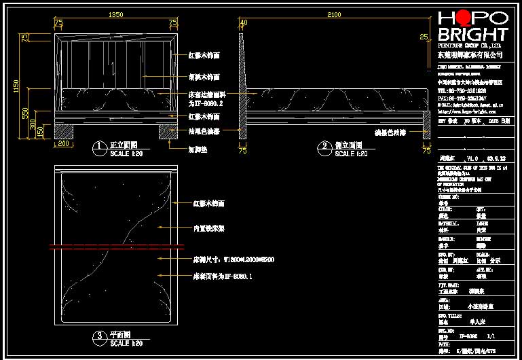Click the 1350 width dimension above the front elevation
click(116, 14)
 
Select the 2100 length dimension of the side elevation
click(334, 14)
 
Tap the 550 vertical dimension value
click(25, 113)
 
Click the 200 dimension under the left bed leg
click(64, 143)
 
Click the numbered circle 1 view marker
click(99, 146)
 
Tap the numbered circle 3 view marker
click(99, 336)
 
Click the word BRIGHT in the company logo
click(472, 35)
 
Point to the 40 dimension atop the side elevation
click(244, 22)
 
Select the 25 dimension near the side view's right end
click(424, 37)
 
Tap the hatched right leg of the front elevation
click(168, 131)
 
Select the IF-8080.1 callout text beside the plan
click(223, 276)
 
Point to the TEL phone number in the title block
click(462, 90)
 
